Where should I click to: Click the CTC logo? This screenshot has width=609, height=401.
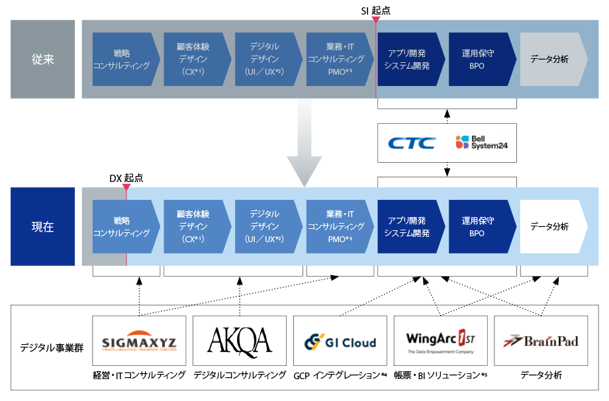(412, 143)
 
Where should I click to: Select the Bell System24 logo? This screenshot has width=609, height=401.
(482, 142)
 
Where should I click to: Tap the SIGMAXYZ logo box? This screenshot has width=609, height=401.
(139, 340)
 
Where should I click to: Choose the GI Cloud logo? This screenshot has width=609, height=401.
(340, 342)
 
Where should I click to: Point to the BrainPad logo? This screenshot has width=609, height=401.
(541, 341)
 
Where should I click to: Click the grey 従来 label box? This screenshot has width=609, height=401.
(43, 59)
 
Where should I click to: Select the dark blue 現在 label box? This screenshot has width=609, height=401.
(43, 227)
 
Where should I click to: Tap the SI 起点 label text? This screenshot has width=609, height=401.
(375, 11)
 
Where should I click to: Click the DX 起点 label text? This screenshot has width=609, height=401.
(126, 178)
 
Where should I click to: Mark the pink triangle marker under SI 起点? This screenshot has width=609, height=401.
(375, 19)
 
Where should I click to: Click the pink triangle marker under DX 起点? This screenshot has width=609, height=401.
(126, 187)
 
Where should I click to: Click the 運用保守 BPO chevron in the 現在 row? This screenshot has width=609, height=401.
(483, 227)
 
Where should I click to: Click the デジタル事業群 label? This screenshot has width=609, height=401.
(52, 347)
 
